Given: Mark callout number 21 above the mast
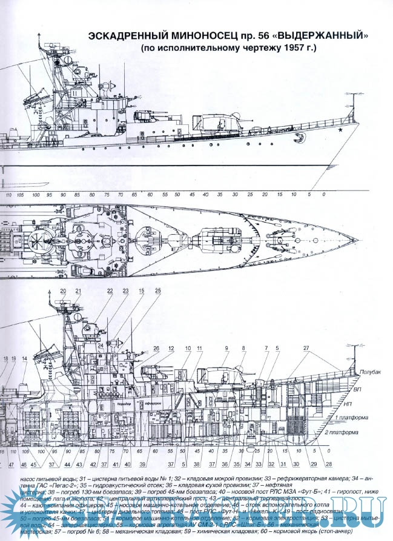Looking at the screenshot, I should tap(78, 292).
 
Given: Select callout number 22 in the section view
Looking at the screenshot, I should tap(110, 292).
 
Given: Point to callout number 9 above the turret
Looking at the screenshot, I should tap(226, 348).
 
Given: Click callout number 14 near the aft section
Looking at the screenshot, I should tap(24, 359).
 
